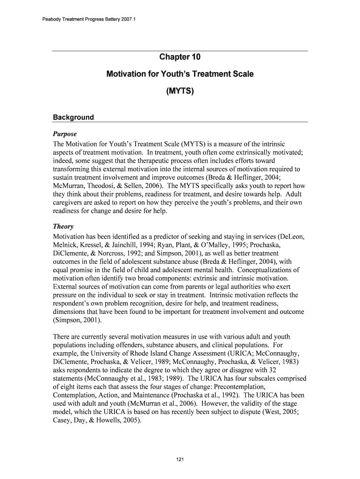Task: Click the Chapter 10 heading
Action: pyautogui.click(x=180, y=58)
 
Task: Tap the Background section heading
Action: pyautogui.click(x=73, y=117)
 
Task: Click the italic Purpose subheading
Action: pyautogui.click(x=65, y=134)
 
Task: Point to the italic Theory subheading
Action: pyautogui.click(x=63, y=226)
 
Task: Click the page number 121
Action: pyautogui.click(x=180, y=460)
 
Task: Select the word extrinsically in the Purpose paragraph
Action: pyautogui.click(x=255, y=152)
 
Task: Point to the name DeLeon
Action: pyautogui.click(x=293, y=237)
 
